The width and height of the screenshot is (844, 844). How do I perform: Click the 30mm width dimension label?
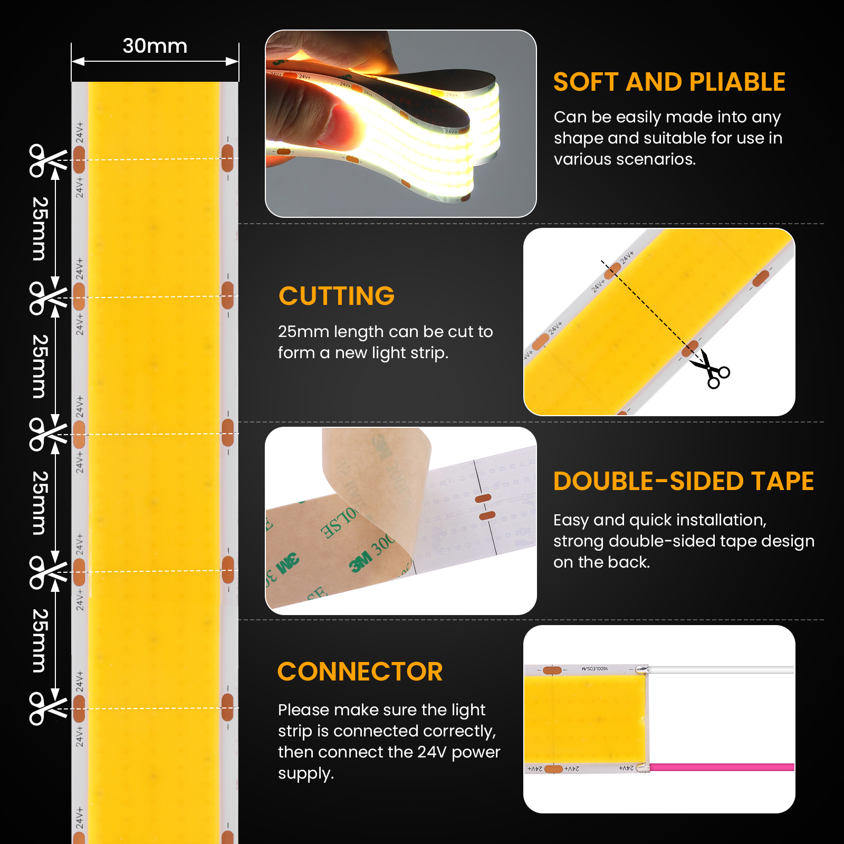tap(155, 46)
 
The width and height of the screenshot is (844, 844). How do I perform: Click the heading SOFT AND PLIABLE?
tap(669, 82)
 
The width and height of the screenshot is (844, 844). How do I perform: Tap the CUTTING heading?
tap(337, 296)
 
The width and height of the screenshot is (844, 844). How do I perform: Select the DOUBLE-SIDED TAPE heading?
tap(683, 482)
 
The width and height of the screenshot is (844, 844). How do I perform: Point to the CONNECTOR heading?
tap(360, 672)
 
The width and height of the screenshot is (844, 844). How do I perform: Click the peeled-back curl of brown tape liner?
tap(369, 475)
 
